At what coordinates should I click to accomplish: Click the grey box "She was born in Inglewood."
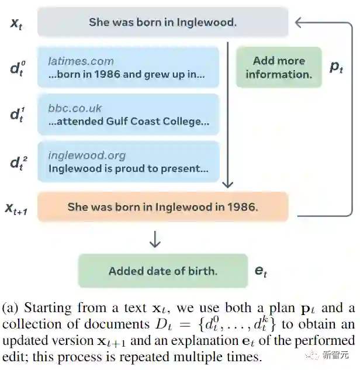point(162,23)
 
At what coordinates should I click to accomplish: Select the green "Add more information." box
point(279,67)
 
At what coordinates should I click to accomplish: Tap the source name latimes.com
point(81,61)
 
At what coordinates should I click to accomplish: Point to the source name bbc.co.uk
point(75,108)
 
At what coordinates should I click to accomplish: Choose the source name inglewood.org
point(86,155)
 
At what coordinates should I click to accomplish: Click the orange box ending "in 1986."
point(162,206)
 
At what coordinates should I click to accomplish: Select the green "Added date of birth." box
point(162,271)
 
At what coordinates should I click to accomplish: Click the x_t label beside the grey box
point(16,24)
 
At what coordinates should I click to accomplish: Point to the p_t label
point(336,67)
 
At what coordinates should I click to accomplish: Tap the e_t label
point(262,271)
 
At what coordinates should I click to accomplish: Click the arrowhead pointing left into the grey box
point(299,23)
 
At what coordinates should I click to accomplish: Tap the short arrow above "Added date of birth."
point(155,239)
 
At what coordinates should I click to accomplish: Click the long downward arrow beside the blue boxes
point(228,117)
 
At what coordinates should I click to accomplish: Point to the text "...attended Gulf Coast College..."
point(129,122)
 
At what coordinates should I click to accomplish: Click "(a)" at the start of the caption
point(12,308)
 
